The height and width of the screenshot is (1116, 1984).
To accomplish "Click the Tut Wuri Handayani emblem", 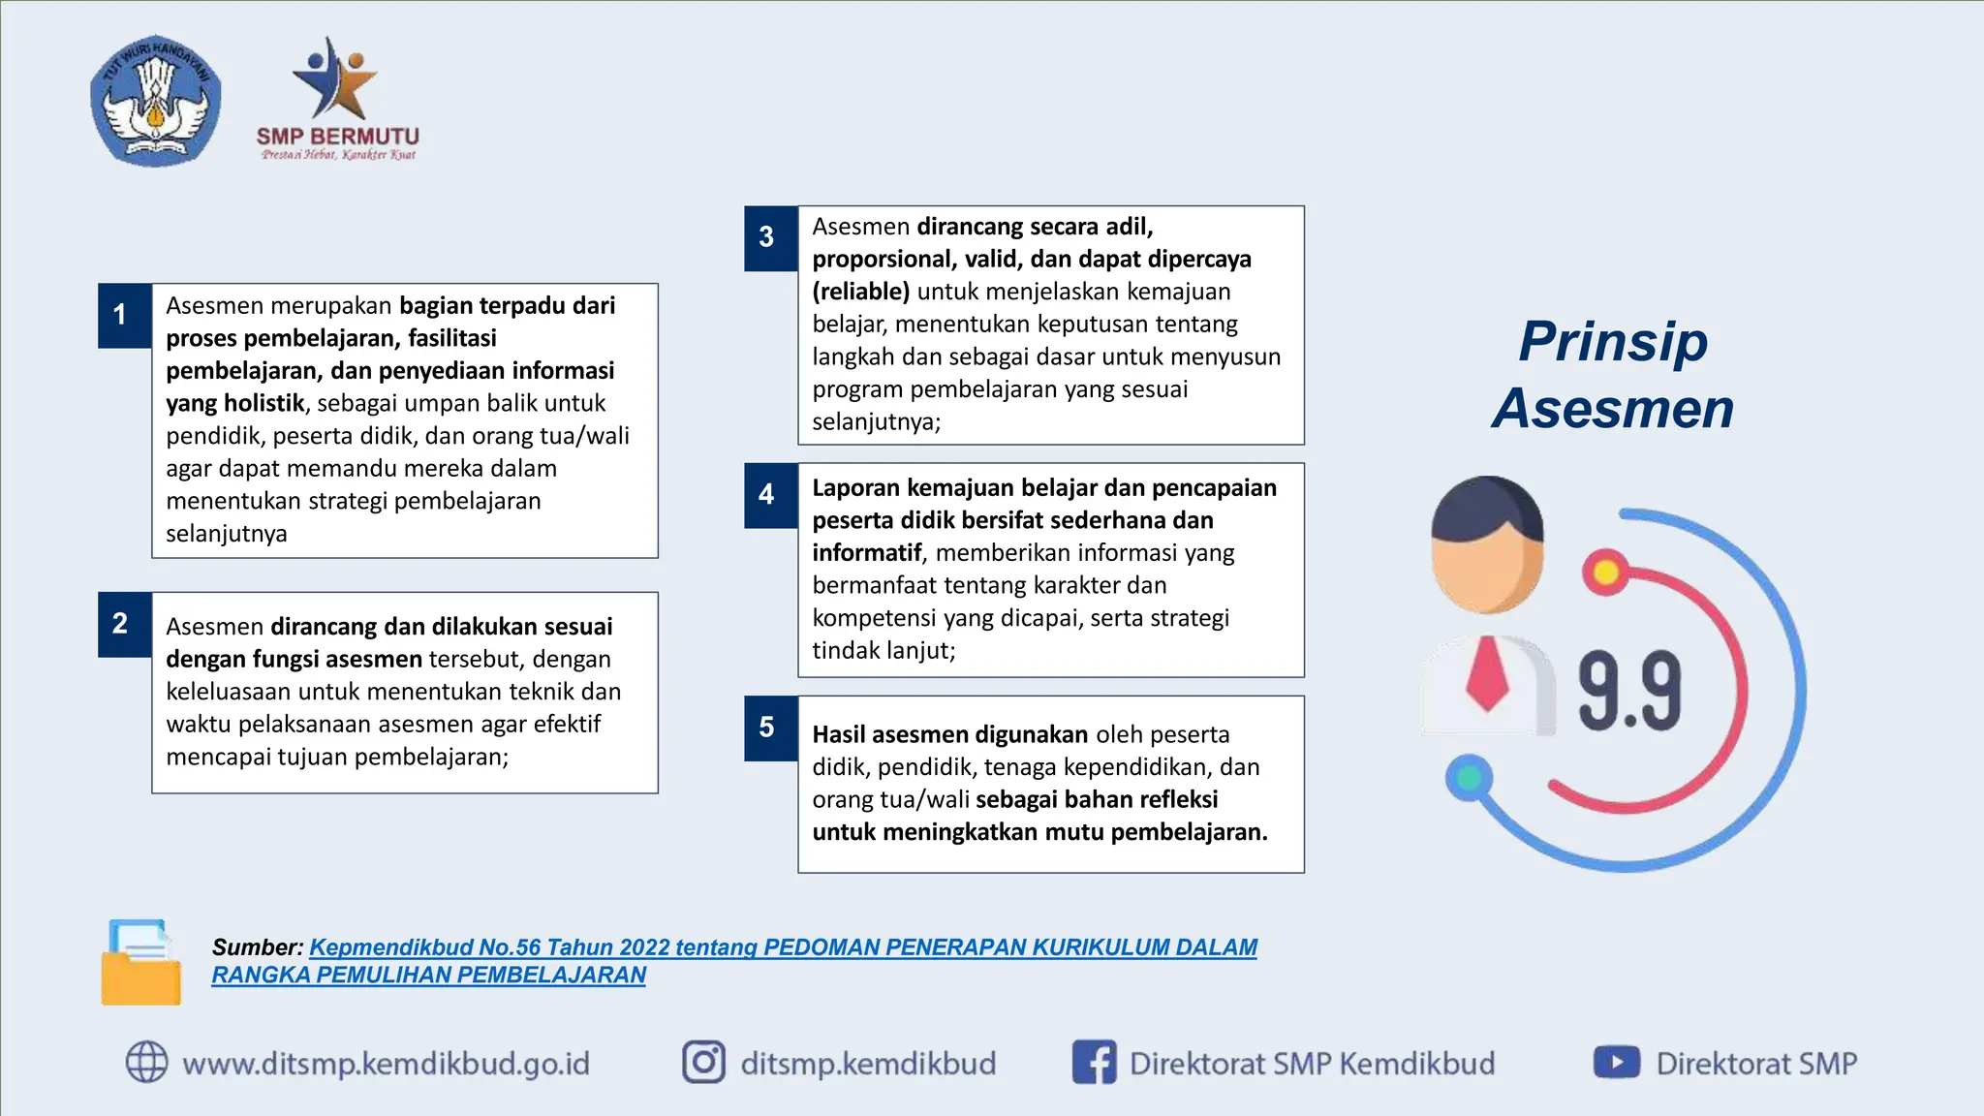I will (x=155, y=101).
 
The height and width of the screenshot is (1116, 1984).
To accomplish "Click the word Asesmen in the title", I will (x=1613, y=408).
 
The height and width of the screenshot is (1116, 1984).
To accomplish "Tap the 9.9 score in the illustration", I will (x=1629, y=692).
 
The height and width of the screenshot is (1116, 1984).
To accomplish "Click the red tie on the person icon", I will (x=1487, y=674).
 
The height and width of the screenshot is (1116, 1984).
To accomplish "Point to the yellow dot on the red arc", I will (x=1605, y=573).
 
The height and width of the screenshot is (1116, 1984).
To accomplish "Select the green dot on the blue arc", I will (x=1469, y=777).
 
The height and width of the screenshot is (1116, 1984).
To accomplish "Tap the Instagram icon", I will (x=703, y=1062).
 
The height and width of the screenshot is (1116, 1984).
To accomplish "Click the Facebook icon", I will (x=1094, y=1062).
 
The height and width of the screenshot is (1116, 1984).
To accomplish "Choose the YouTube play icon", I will (x=1616, y=1062).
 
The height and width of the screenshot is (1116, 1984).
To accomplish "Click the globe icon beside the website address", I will (x=147, y=1062).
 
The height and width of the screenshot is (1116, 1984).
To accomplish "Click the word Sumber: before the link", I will (x=258, y=947).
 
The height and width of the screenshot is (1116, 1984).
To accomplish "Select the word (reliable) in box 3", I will (x=860, y=292).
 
